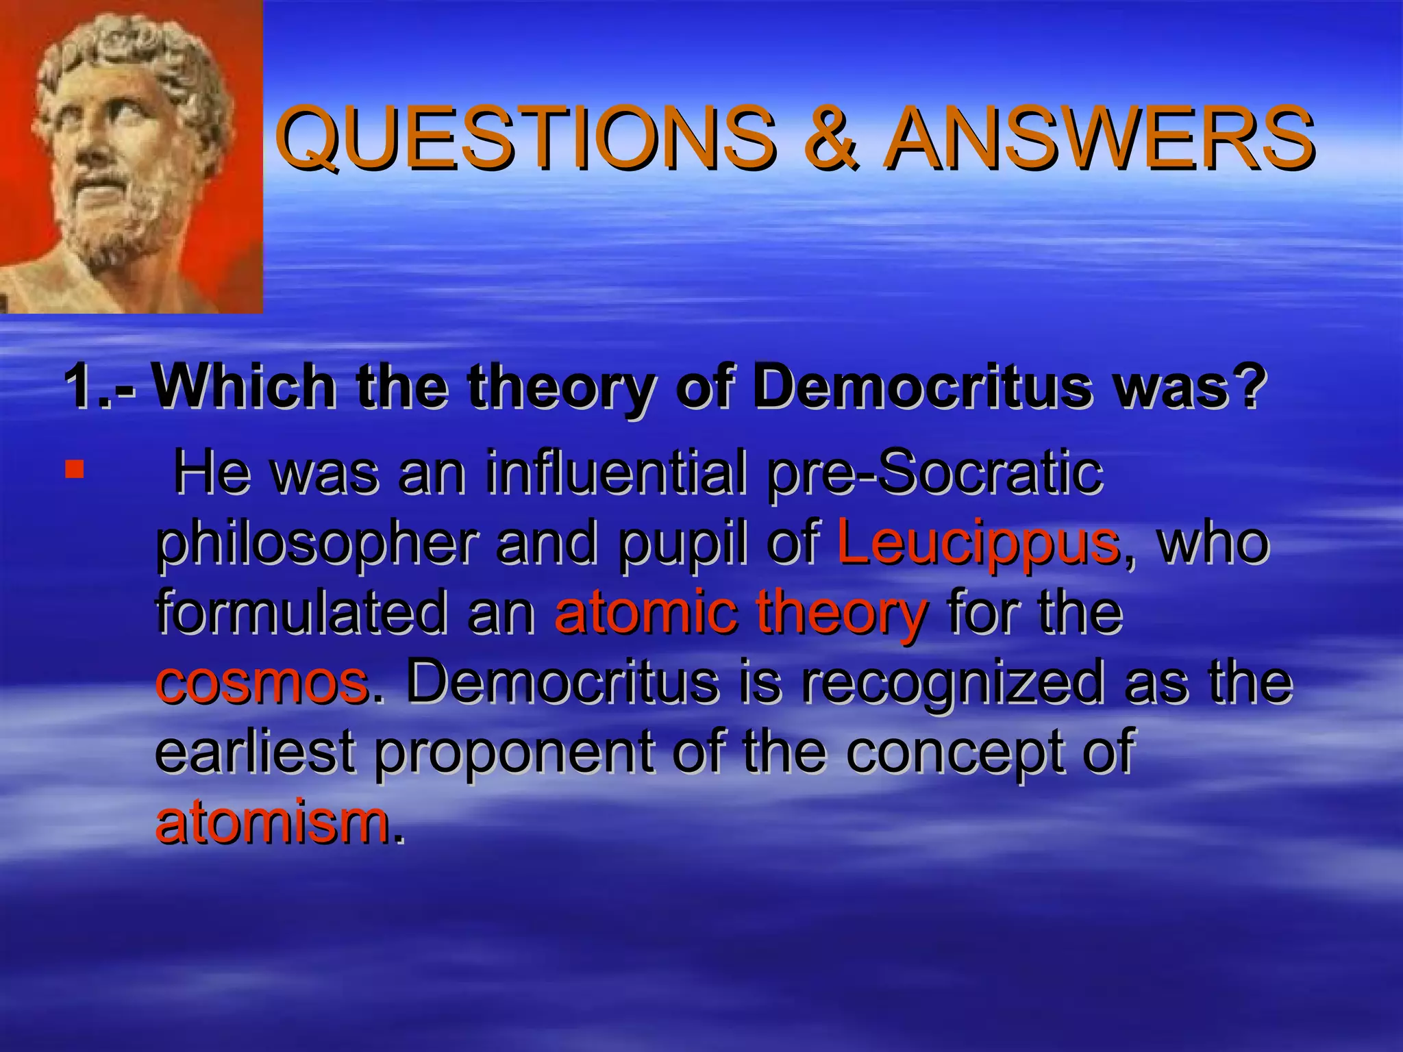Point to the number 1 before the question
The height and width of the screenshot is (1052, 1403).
pyautogui.click(x=81, y=387)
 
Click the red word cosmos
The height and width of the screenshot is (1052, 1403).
pyautogui.click(x=262, y=683)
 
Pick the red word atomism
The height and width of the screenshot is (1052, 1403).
pyautogui.click(x=272, y=822)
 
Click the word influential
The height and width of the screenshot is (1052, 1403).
pyautogui.click(x=616, y=473)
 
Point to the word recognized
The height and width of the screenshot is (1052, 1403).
pyautogui.click(x=952, y=683)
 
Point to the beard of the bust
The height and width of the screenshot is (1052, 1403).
pyautogui.click(x=123, y=219)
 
